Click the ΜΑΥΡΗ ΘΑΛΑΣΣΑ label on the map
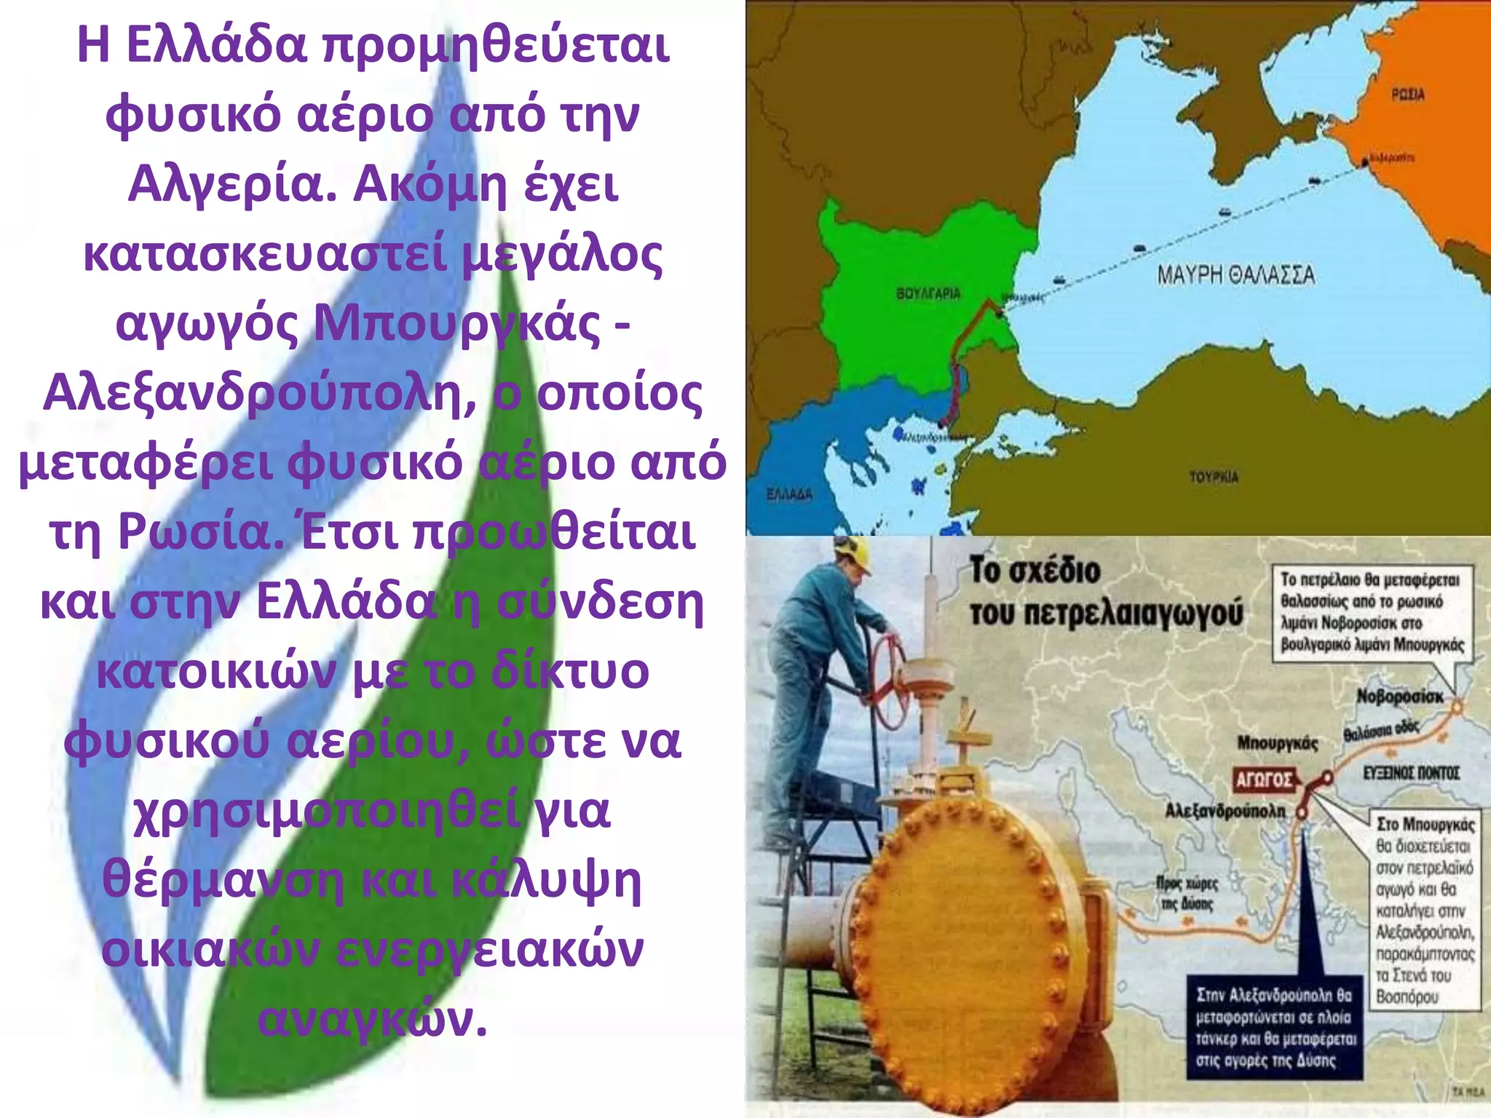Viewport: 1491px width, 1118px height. [x=1235, y=275]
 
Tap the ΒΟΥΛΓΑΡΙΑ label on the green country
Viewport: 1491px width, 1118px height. [x=928, y=293]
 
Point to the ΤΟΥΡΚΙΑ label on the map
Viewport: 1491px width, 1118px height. [x=1214, y=477]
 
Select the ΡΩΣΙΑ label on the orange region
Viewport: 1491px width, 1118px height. [x=1408, y=95]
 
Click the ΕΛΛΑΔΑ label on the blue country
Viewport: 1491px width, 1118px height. [x=789, y=494]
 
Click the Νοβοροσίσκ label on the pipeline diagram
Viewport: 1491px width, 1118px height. [x=1399, y=697]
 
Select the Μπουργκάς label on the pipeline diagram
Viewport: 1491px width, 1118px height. [x=1278, y=743]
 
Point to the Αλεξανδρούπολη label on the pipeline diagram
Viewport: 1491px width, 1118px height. [x=1225, y=811]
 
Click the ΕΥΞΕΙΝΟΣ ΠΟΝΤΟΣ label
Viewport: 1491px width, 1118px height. [x=1411, y=773]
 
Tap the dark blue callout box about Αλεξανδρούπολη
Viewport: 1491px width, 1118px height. [x=1273, y=1027]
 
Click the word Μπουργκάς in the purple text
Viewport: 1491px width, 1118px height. [x=456, y=323]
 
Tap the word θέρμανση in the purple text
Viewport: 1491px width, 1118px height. [x=223, y=880]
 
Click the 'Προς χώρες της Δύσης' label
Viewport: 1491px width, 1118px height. [x=1187, y=893]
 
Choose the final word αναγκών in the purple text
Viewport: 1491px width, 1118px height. [x=372, y=1019]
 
